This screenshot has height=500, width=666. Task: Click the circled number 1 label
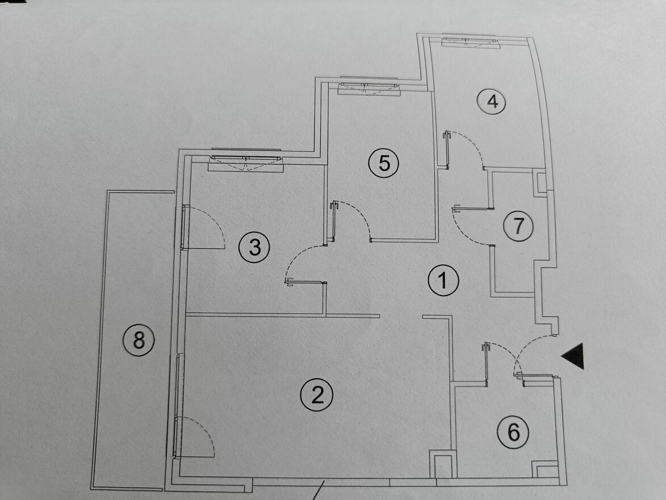coord(443,280)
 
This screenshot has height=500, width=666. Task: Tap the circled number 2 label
coord(317,395)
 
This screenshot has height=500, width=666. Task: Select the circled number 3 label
coord(254,247)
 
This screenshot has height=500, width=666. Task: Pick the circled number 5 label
coord(384,163)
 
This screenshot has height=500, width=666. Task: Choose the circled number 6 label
coord(513,432)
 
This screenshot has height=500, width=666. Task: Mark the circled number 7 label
coord(518,226)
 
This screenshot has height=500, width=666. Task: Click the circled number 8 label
coord(139,340)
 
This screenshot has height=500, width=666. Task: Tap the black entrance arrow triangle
coord(573,356)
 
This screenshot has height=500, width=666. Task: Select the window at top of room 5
coord(368,86)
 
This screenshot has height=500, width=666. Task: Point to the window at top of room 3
coord(246,161)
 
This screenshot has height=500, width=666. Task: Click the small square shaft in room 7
coord(540,182)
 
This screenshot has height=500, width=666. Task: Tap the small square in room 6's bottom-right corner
coord(545,469)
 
